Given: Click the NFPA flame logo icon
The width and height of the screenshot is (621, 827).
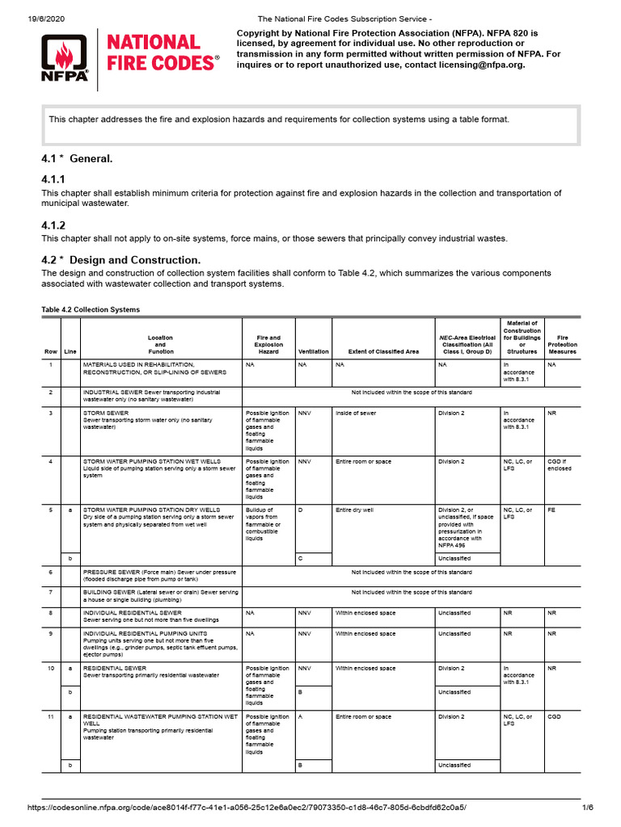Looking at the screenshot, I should pyautogui.click(x=65, y=53).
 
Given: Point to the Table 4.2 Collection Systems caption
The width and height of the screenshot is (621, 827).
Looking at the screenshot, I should pyautogui.click(x=90, y=309).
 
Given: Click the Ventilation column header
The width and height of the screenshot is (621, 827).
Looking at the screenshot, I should pyautogui.click(x=313, y=352).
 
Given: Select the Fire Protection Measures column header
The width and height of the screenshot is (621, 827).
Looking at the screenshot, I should pyautogui.click(x=562, y=345).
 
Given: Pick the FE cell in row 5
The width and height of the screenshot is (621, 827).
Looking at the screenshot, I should pyautogui.click(x=551, y=510).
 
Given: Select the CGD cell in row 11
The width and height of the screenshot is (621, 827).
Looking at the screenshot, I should pyautogui.click(x=555, y=716).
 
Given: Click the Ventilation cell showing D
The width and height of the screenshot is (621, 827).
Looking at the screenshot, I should pyautogui.click(x=300, y=510).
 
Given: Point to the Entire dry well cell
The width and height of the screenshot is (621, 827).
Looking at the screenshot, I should pyautogui.click(x=355, y=510).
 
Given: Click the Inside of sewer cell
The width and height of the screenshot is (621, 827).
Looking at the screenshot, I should pyautogui.click(x=356, y=413).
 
